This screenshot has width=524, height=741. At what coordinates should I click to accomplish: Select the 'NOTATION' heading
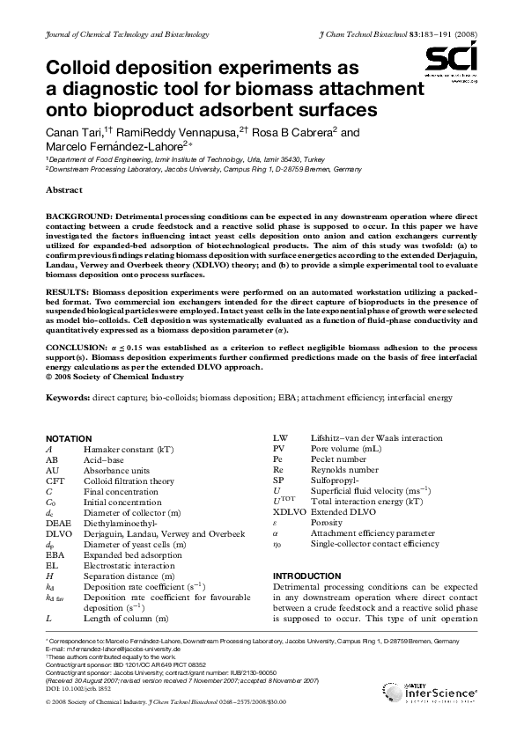[68, 437]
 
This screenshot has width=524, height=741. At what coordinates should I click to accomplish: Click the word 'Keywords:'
[70, 399]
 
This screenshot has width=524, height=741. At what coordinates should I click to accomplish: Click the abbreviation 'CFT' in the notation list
[55, 480]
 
